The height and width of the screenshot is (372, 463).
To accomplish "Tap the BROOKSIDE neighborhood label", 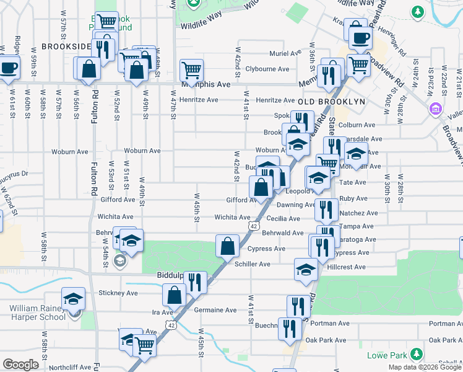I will (x=66, y=46).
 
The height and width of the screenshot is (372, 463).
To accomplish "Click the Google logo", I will (x=20, y=365).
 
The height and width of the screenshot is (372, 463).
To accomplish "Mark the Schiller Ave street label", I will (x=252, y=264).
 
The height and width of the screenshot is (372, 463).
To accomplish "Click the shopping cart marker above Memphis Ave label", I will (x=192, y=69).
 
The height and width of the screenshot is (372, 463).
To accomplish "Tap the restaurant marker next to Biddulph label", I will (x=196, y=281).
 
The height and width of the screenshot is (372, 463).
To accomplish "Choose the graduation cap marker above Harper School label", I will (x=73, y=298).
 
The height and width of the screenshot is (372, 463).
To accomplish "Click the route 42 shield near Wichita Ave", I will (x=254, y=226).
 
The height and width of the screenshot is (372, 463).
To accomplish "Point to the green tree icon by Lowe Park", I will (x=419, y=355).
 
